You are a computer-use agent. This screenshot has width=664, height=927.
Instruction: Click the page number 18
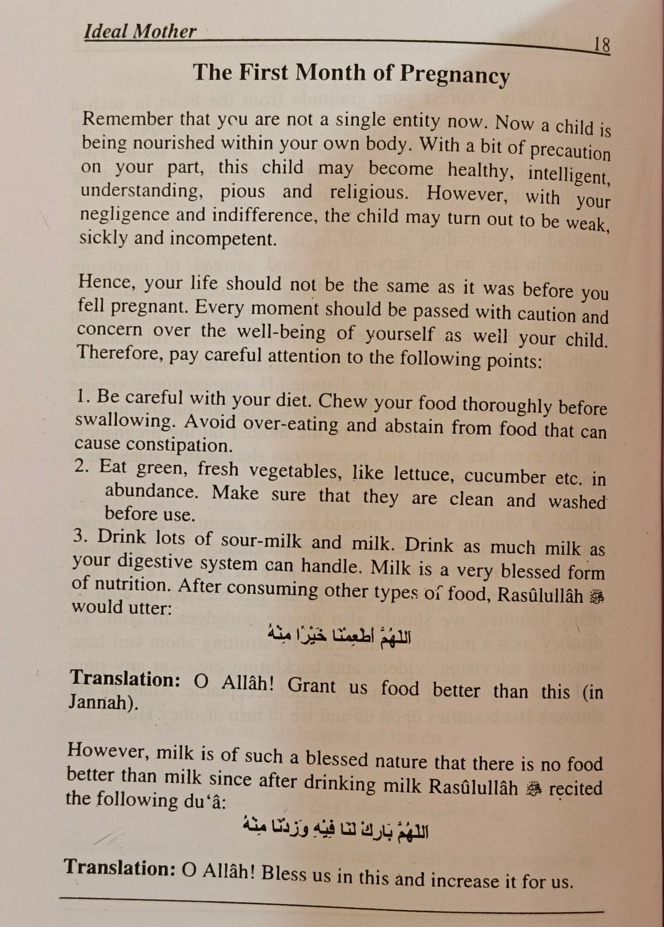(602, 45)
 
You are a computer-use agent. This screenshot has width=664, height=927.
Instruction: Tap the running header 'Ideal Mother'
(140, 32)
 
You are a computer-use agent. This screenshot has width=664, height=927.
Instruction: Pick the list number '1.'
(82, 396)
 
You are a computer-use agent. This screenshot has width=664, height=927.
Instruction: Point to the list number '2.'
(82, 467)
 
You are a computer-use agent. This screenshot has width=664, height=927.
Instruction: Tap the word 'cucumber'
(505, 476)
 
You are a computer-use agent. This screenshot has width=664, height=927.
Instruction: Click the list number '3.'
(80, 537)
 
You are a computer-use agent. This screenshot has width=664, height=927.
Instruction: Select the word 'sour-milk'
(261, 540)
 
